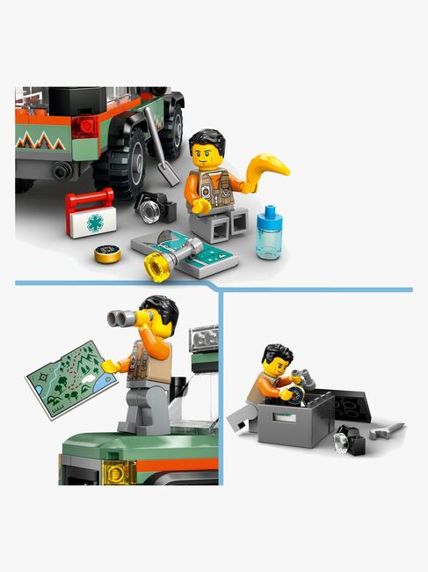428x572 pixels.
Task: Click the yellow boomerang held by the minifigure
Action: pos(267,167)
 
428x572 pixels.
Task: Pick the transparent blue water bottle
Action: pos(270,235)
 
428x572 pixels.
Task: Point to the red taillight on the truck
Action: pos(84,127)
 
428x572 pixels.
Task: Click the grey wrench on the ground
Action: pos(386,431)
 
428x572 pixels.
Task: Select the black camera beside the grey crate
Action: pos(349,439)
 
